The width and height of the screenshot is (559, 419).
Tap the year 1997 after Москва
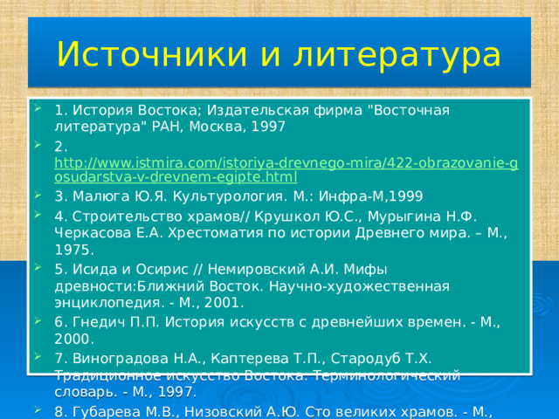[x=267, y=126]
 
